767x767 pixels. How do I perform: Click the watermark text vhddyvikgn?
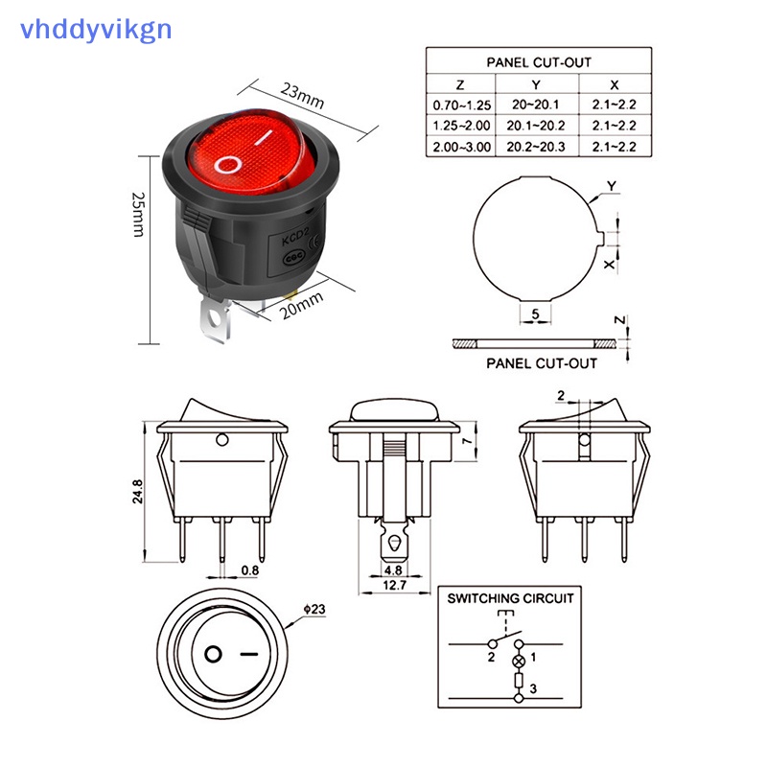tap(95, 28)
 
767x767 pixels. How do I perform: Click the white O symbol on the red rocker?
tap(228, 164)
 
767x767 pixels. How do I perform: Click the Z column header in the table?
tap(459, 83)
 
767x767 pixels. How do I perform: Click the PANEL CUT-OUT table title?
tap(538, 61)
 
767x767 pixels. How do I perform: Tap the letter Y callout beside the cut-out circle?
tap(612, 185)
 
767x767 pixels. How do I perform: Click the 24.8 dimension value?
tap(138, 492)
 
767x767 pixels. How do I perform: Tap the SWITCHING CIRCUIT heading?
tap(510, 598)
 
